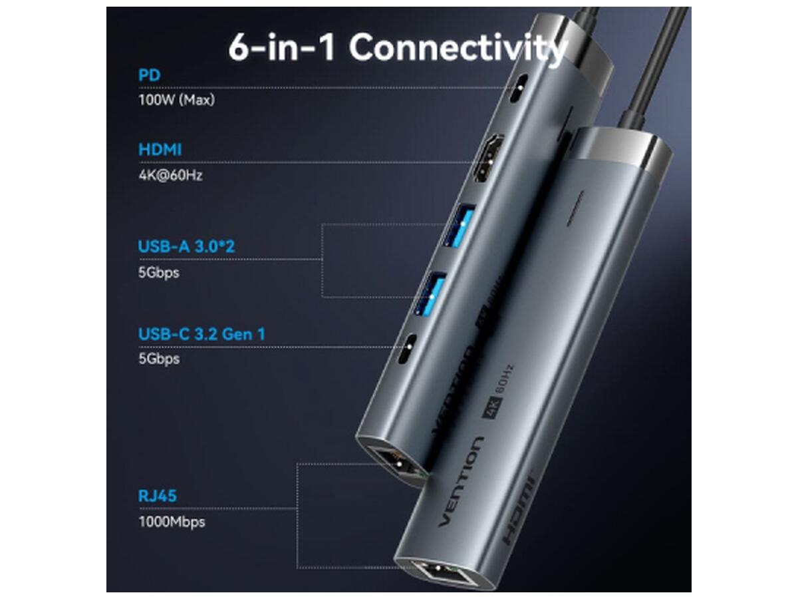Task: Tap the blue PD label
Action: (x=149, y=75)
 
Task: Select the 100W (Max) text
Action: (x=176, y=100)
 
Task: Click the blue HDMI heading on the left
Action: (x=160, y=150)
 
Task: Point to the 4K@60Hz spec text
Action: (x=170, y=175)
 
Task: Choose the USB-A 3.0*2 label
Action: (x=186, y=246)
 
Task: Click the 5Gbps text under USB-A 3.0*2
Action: (x=158, y=273)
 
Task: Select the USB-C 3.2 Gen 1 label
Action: (x=201, y=334)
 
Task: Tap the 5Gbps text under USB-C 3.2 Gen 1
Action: (x=159, y=359)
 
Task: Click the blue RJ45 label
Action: (x=157, y=496)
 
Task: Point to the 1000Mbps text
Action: (x=172, y=522)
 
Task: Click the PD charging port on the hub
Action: (x=519, y=89)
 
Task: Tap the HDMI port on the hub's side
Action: (x=489, y=158)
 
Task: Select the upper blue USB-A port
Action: (x=460, y=226)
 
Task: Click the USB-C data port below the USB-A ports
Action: (x=407, y=349)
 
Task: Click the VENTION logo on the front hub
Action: (x=461, y=481)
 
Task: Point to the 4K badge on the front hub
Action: (x=493, y=407)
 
